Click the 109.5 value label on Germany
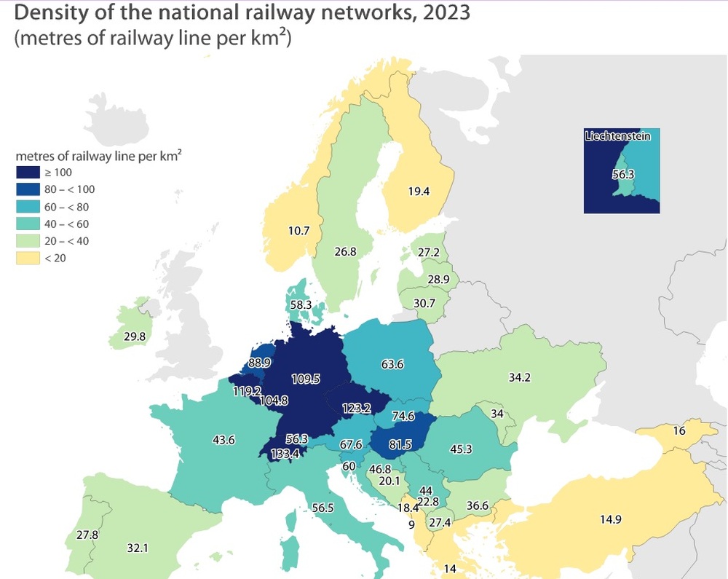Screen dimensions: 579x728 306,379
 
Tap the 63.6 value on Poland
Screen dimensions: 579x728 392,363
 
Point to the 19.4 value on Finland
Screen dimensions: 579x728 419,192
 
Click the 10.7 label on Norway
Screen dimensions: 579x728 299,231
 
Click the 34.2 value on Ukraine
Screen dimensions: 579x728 518,378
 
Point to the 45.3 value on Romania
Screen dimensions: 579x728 461,449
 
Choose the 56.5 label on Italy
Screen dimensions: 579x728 322,508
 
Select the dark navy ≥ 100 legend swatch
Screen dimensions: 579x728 29,173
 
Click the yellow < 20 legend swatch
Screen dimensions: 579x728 29,258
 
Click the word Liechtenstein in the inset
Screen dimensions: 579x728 617,135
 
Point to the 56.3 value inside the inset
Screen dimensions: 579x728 623,175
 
